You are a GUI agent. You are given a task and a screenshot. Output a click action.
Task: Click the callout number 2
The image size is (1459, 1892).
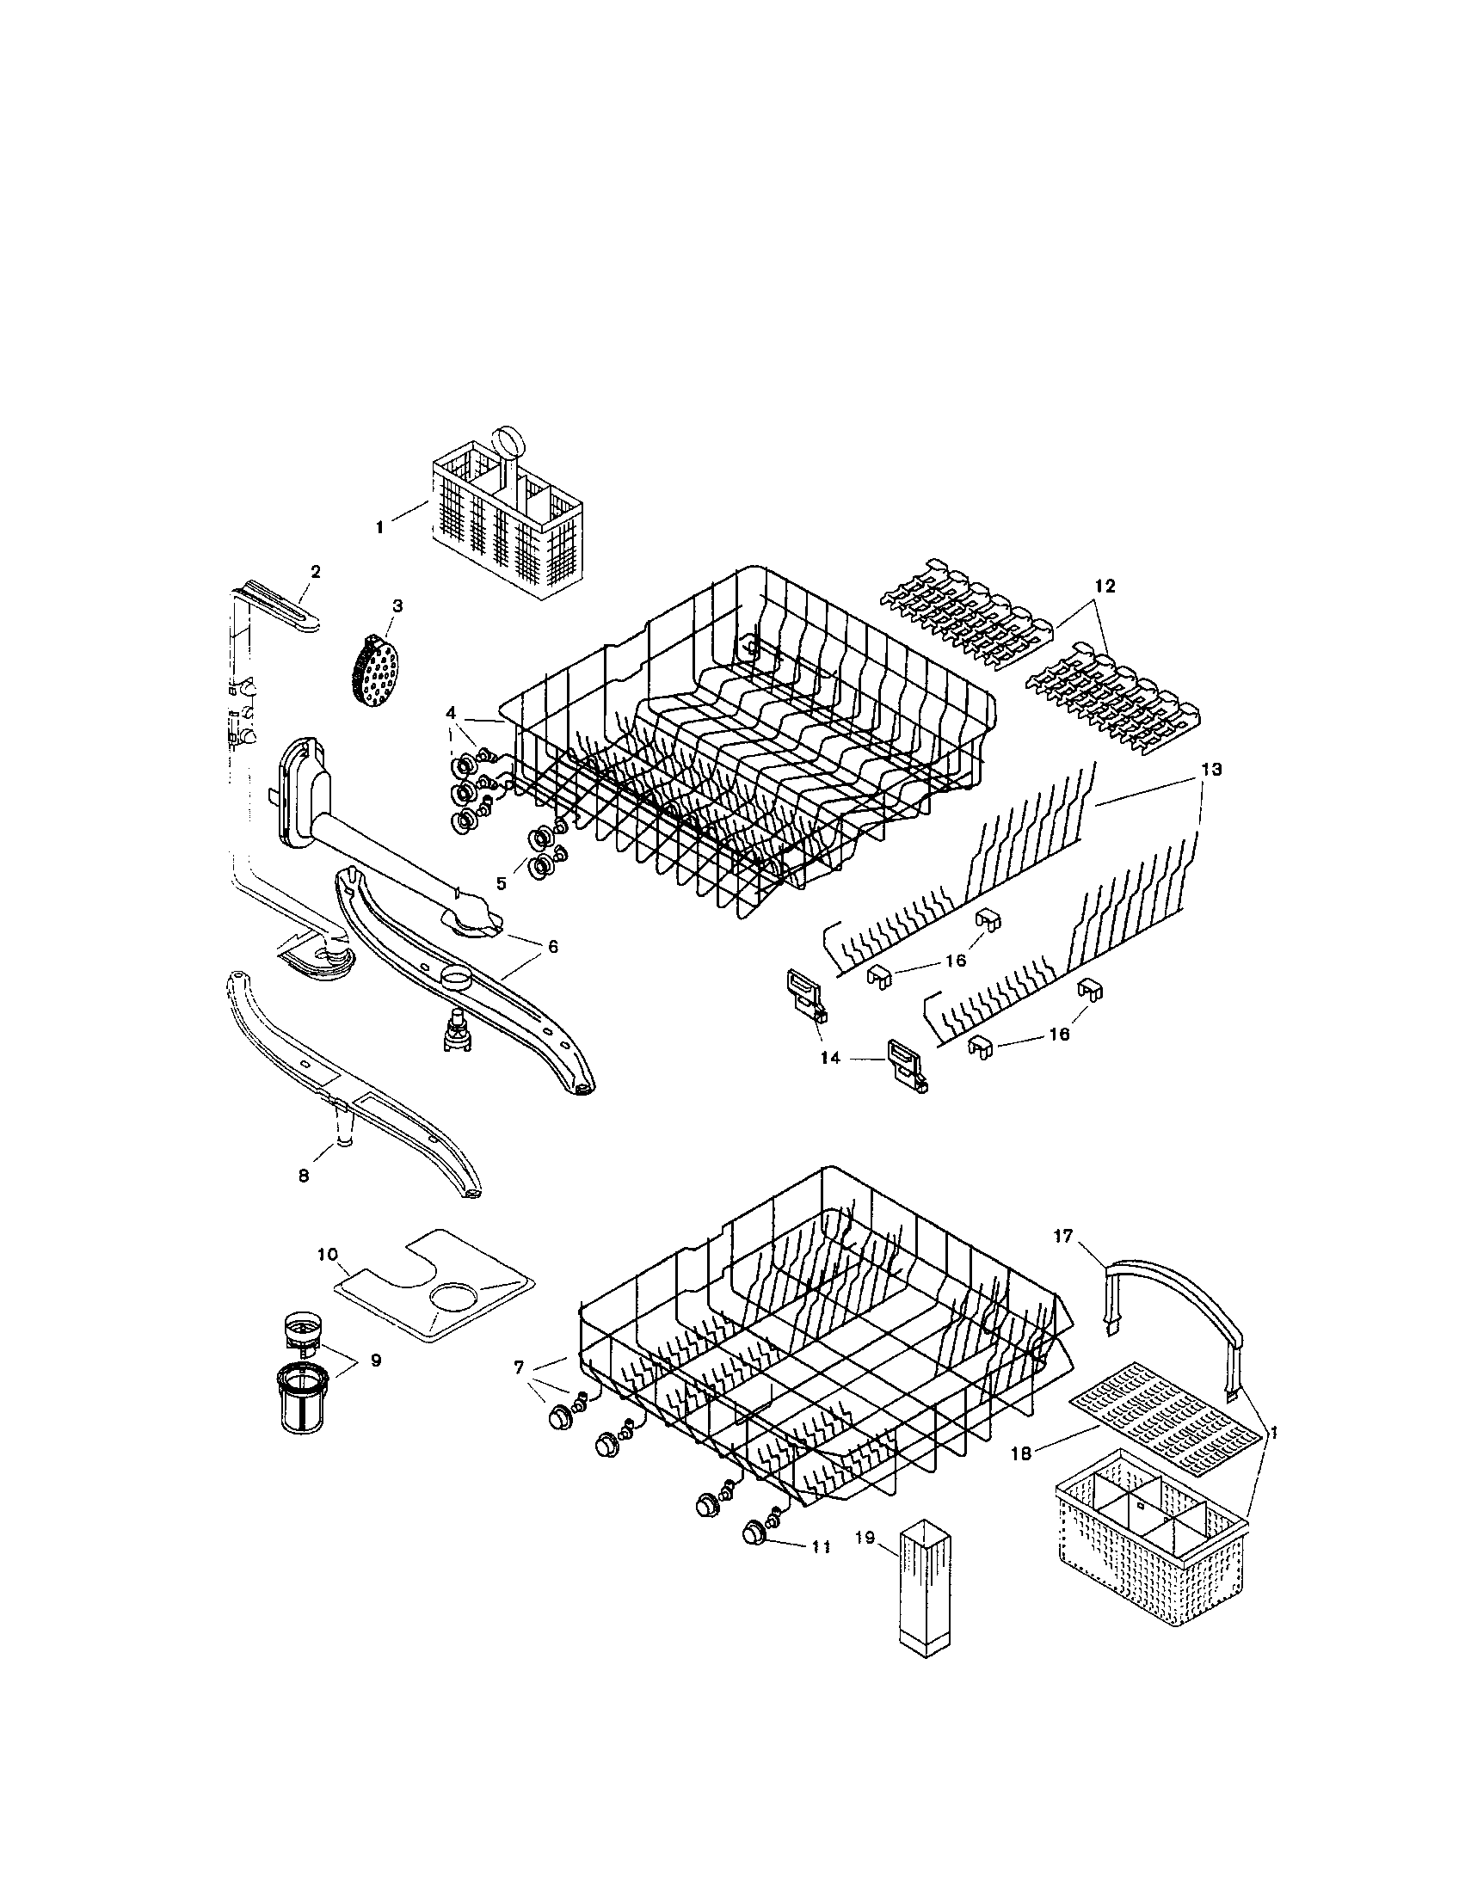tap(316, 571)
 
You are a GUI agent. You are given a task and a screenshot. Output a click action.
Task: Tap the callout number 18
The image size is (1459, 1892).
tap(1022, 1453)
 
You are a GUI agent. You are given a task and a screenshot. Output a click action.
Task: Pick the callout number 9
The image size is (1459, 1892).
tap(375, 1361)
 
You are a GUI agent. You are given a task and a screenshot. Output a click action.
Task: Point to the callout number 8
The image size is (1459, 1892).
tap(303, 1176)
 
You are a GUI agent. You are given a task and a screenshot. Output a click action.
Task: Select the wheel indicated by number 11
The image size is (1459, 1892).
tap(757, 1534)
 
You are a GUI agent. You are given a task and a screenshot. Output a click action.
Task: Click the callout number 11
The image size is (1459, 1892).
tap(821, 1546)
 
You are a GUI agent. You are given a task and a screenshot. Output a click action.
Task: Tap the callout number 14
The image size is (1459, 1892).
tap(831, 1058)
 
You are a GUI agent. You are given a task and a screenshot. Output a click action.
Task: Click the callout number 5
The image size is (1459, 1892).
tap(501, 883)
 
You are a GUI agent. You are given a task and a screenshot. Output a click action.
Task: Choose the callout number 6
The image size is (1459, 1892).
tap(552, 947)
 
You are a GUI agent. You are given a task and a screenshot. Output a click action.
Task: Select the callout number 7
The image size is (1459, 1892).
tap(519, 1367)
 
